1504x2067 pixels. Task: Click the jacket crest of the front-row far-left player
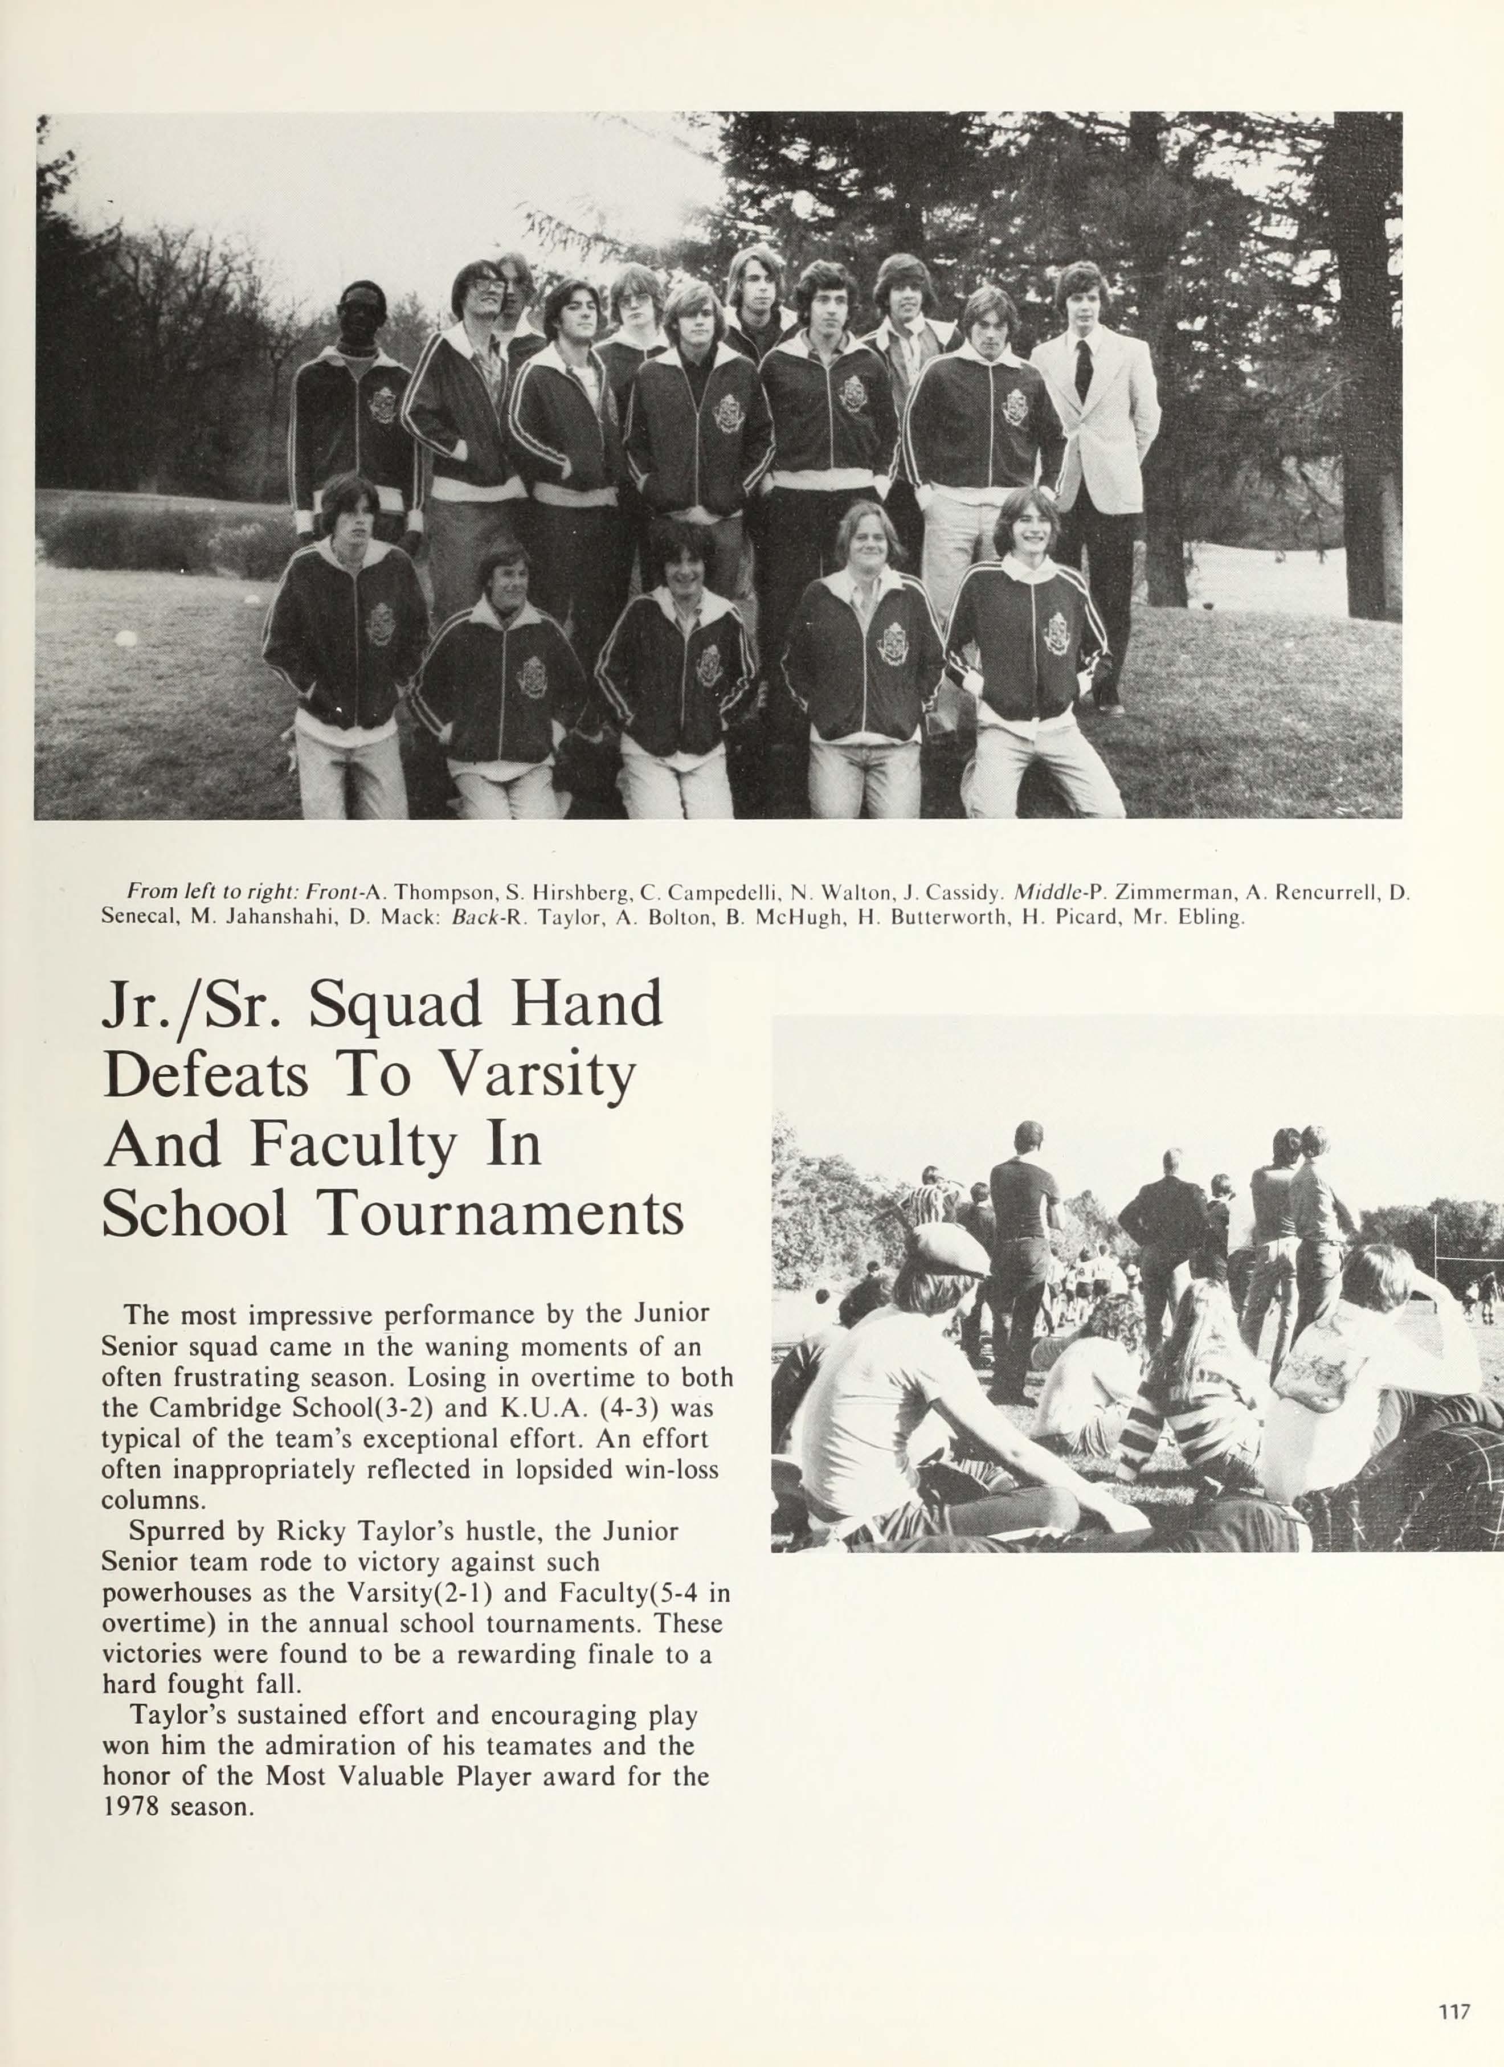pyautogui.click(x=380, y=623)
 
